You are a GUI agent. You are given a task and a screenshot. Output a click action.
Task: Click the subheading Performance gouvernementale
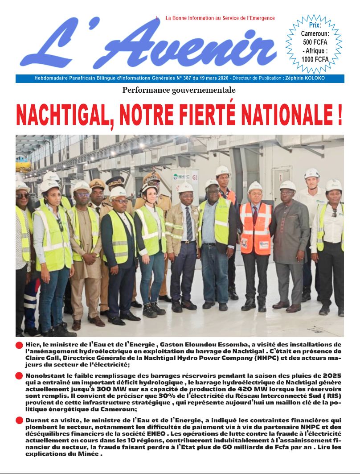pos(179,90)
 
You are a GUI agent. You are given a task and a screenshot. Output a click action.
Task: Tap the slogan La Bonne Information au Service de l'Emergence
pos(220,18)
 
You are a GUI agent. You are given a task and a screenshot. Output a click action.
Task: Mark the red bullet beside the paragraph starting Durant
pos(19,420)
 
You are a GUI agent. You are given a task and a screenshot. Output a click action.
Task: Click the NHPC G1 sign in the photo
pos(186,177)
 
